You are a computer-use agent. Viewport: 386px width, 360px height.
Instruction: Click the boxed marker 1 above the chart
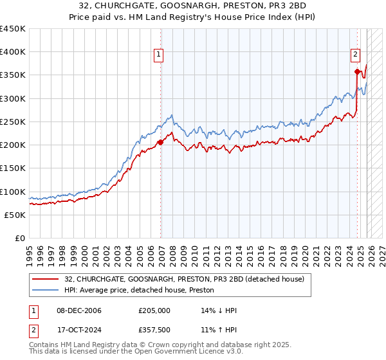(158, 55)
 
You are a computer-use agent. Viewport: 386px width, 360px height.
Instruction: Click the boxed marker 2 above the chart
(354, 55)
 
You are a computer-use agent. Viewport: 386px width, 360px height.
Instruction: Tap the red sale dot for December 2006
(161, 143)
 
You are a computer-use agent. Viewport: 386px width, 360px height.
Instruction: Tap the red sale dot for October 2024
(357, 71)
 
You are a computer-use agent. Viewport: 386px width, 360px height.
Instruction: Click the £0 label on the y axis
(19, 239)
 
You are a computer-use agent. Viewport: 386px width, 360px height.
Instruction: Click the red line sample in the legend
(45, 279)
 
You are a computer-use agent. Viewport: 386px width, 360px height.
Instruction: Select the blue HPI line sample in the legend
(45, 290)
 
